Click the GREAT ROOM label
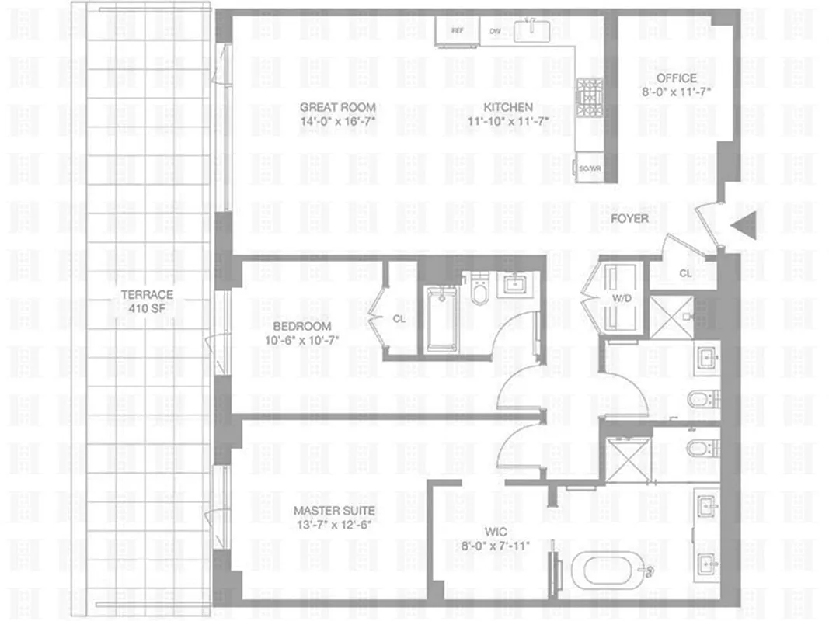338,107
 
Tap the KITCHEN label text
508,107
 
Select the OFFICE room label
677,78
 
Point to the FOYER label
629,219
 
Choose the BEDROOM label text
301,326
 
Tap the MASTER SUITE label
334,511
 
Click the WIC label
496,533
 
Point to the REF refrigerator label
458,32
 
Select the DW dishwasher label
495,32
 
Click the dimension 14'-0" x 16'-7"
338,121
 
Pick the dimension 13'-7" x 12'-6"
334,525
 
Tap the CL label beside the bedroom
399,318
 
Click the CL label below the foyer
685,273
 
